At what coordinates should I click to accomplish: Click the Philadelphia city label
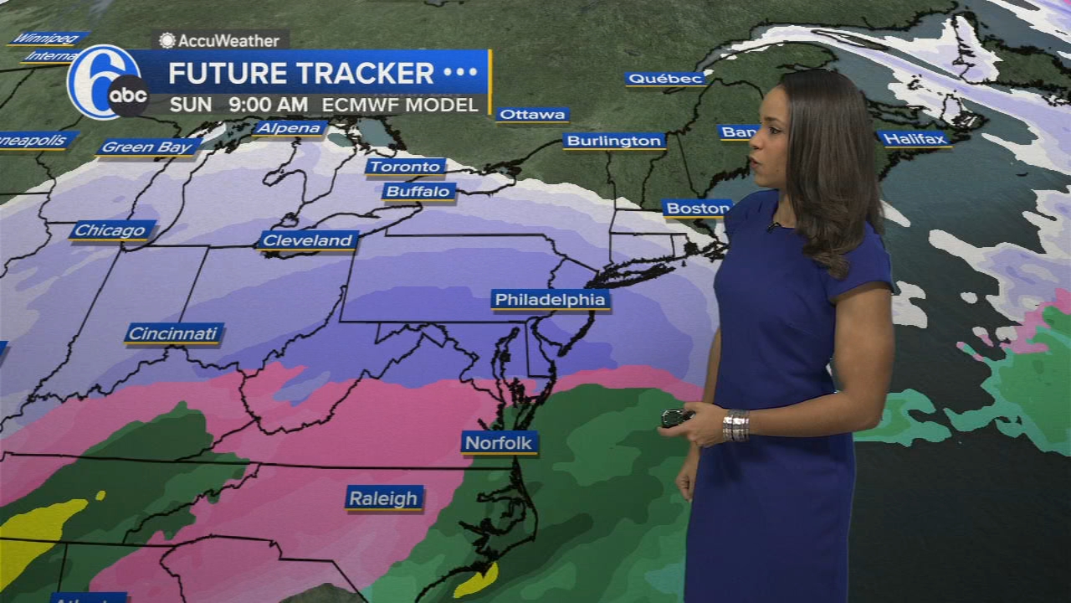click(550, 300)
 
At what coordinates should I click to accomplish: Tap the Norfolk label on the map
click(499, 443)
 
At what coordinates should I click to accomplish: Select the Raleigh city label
click(383, 498)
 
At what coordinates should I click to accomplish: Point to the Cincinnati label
click(173, 333)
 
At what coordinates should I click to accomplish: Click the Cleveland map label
click(308, 240)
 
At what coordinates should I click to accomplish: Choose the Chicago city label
click(112, 230)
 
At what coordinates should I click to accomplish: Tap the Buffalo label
click(419, 192)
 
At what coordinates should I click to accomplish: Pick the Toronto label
click(405, 167)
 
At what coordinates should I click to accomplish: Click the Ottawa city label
click(532, 115)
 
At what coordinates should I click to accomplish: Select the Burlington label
click(614, 141)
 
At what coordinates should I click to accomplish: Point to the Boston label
click(697, 208)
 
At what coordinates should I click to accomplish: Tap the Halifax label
click(914, 139)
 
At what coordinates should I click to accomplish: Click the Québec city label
click(665, 79)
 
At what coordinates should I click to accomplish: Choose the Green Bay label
click(148, 147)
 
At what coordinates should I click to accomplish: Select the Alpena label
click(290, 128)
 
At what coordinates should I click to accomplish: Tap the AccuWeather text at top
click(219, 40)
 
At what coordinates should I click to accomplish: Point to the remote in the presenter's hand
click(676, 416)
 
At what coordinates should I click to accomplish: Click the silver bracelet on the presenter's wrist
click(735, 425)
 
